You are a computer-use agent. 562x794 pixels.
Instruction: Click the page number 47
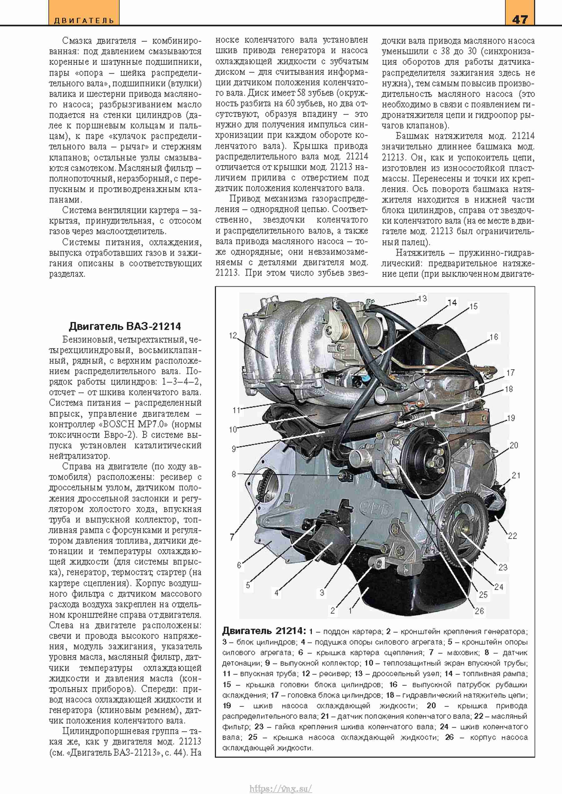coord(520,19)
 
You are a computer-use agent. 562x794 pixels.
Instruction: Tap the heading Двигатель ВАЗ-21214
coord(125,326)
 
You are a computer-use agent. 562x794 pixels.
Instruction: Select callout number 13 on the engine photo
coord(422,299)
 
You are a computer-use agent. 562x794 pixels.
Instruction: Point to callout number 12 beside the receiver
coord(233,335)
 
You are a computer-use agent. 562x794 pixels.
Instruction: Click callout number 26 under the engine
coord(479,611)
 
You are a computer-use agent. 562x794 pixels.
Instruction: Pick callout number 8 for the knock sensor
coord(234,474)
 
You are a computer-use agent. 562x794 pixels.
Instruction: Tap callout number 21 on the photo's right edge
coord(515,475)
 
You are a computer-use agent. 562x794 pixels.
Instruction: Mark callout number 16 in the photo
coord(494,337)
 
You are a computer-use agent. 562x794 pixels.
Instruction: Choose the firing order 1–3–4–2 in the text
coord(181,382)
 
